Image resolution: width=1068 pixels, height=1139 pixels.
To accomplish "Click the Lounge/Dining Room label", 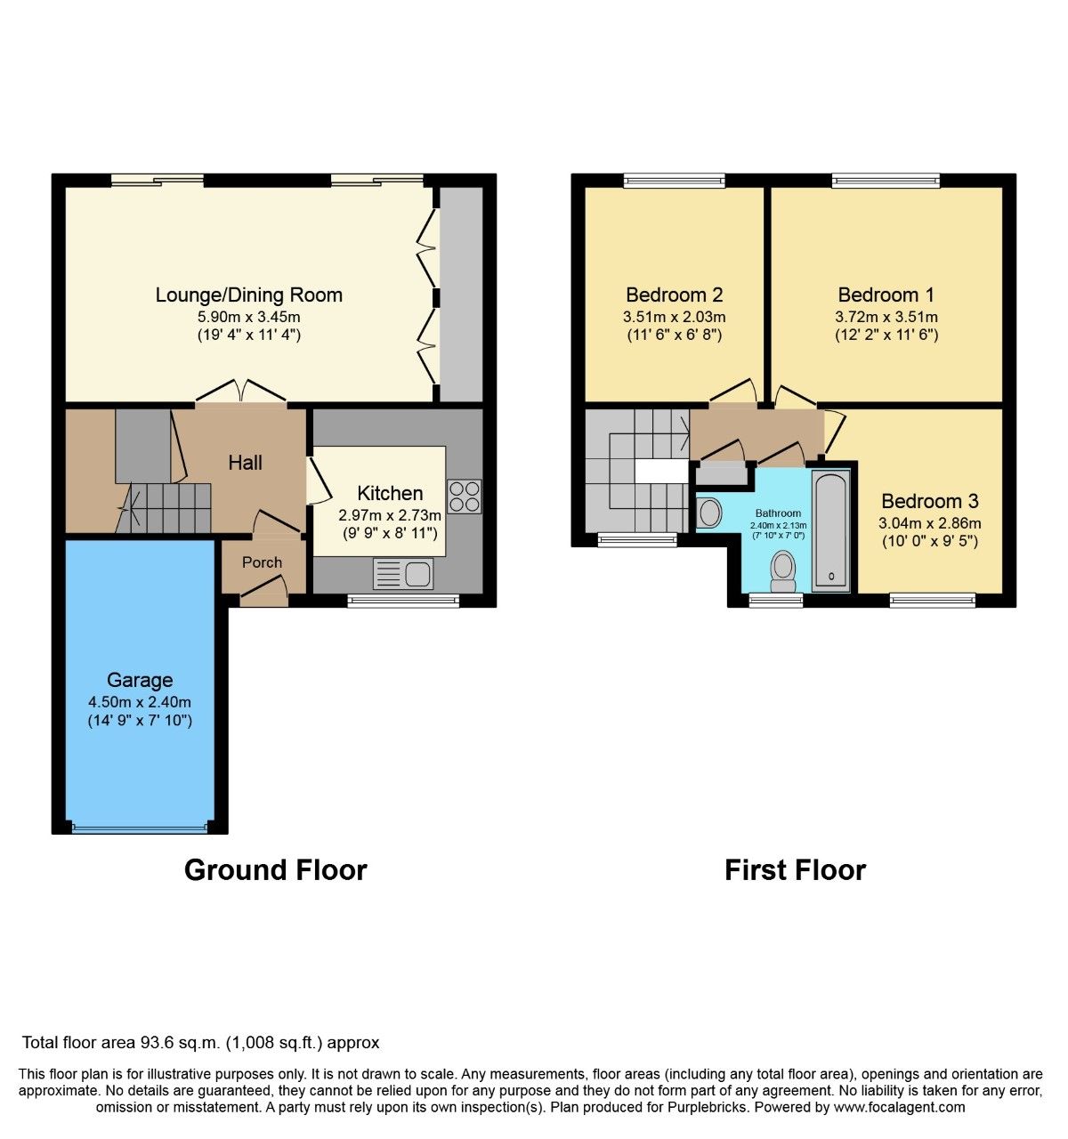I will pyautogui.click(x=248, y=295).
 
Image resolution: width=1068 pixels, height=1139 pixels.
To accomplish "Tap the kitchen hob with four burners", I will pyautogui.click(x=464, y=497).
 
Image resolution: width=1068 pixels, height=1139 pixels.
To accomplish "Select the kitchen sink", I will pyautogui.click(x=403, y=574).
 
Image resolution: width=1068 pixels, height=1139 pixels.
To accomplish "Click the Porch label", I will pyautogui.click(x=262, y=562).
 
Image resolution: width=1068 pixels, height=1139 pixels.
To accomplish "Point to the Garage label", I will pyautogui.click(x=140, y=680).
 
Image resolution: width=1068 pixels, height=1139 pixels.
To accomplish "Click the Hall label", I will pyautogui.click(x=245, y=462).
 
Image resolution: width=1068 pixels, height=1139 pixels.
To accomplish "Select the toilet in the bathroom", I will pyautogui.click(x=782, y=570).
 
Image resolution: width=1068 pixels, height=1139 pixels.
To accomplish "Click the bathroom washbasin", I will pyautogui.click(x=709, y=513).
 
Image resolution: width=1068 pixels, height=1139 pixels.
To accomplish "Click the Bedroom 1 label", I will pyautogui.click(x=886, y=295).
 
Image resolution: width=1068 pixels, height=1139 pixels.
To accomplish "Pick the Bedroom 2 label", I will pyautogui.click(x=674, y=295).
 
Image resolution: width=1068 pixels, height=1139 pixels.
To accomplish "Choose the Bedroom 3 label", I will pyautogui.click(x=929, y=501).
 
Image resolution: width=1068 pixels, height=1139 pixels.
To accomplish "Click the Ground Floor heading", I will pyautogui.click(x=275, y=869).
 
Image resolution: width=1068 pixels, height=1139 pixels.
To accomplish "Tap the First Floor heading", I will pyautogui.click(x=795, y=869).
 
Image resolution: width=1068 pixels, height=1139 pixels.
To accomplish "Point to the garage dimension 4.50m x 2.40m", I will pyautogui.click(x=140, y=702).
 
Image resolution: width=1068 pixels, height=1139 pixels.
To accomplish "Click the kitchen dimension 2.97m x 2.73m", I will pyautogui.click(x=390, y=515).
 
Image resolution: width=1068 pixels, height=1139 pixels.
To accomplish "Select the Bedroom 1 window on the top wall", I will pyautogui.click(x=886, y=181).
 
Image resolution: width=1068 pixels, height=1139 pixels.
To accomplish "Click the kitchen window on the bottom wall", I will pyautogui.click(x=403, y=602).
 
